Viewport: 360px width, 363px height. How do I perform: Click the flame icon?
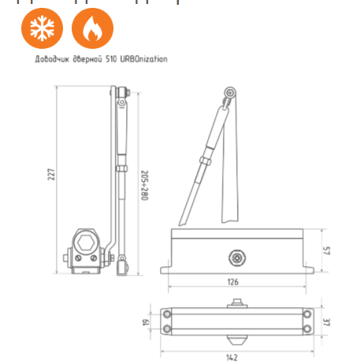87,29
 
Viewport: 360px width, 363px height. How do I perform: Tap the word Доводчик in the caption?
49,59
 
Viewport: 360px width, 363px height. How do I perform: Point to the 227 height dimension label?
50,174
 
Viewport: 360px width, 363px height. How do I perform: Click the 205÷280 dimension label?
144,183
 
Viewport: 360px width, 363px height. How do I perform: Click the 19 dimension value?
145,321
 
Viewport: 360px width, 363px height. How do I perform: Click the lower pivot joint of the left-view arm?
121,268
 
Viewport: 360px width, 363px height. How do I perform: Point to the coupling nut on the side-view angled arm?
203,161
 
